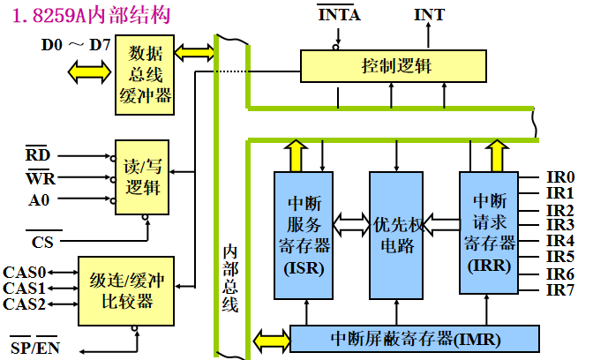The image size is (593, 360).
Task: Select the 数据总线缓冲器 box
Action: [145, 76]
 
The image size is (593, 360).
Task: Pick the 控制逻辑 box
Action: [393, 66]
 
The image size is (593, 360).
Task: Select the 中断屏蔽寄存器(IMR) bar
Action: [415, 338]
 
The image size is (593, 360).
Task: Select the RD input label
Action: [38, 156]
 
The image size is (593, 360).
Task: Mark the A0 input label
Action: [38, 199]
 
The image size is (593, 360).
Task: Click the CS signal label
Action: [41, 241]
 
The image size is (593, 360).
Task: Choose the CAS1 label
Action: [24, 289]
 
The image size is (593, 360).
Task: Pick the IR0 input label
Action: [560, 177]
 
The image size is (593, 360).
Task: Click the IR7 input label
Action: [560, 289]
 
